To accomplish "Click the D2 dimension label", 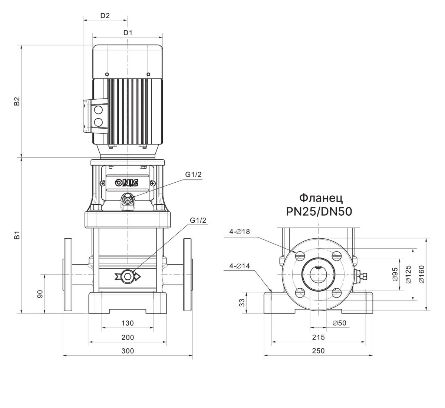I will [x=105, y=16].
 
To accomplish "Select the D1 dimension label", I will [x=128, y=33].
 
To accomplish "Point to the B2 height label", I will [x=16, y=102].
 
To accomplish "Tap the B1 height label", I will [x=16, y=235].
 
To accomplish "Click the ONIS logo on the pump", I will [x=126, y=182].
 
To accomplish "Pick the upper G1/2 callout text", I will [x=193, y=175].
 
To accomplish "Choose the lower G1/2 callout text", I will [x=198, y=220].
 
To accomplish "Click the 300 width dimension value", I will [x=128, y=351].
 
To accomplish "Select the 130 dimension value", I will [x=128, y=323].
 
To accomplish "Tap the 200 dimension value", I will [x=128, y=337].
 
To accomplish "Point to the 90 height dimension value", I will [x=40, y=294].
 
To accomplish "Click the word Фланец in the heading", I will [x=319, y=197].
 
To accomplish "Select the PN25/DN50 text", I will [x=319, y=212].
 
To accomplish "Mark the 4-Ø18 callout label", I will [x=240, y=232].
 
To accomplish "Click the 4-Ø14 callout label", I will [x=240, y=266].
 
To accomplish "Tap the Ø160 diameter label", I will [x=422, y=274].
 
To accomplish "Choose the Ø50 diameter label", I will [x=339, y=323].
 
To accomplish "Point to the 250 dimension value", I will [x=318, y=351].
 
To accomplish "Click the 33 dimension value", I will [x=242, y=302].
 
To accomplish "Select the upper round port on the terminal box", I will [x=98, y=110].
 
